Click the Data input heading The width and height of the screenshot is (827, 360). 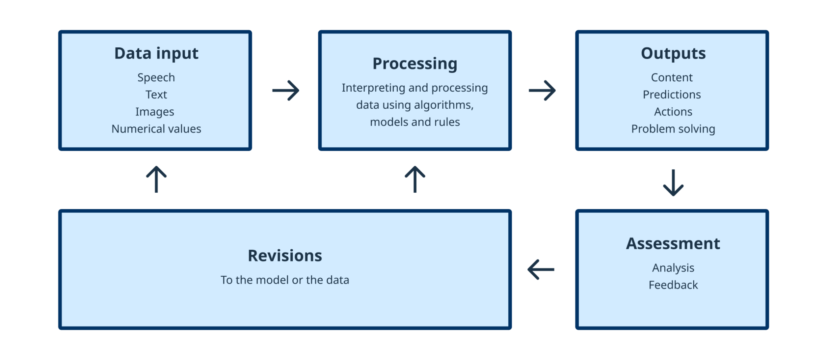156,53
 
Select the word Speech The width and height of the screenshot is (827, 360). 156,77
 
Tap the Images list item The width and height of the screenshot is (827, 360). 155,112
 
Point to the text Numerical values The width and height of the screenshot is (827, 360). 156,129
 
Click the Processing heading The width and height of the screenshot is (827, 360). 415,64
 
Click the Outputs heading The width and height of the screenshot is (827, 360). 673,53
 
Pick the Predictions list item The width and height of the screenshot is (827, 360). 672,95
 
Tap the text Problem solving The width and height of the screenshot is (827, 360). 673,129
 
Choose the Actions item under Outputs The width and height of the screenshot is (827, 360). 673,112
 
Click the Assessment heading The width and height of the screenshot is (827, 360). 673,244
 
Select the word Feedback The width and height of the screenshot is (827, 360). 673,285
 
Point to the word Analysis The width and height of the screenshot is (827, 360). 673,268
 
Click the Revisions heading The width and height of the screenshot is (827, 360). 285,256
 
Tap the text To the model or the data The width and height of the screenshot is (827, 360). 285,280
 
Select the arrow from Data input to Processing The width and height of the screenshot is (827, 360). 286,90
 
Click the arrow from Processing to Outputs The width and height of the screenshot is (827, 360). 542,90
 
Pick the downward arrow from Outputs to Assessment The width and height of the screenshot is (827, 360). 673,183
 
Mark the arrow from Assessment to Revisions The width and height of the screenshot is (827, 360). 541,269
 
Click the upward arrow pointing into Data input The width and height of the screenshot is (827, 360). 156,179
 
